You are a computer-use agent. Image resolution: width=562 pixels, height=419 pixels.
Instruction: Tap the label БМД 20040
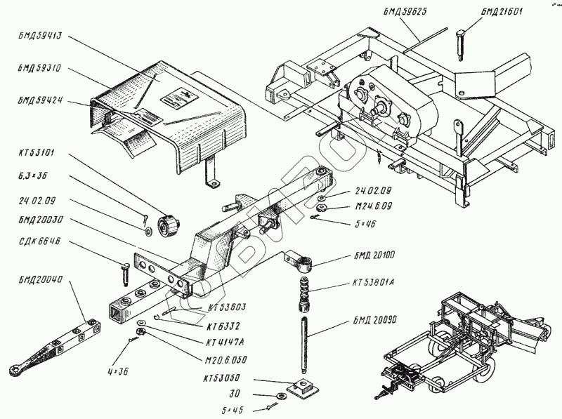pos(41,280)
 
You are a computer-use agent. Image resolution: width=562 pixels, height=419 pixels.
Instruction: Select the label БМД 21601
pos(502,12)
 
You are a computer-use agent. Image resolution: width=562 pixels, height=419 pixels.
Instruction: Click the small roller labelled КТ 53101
pos(169,225)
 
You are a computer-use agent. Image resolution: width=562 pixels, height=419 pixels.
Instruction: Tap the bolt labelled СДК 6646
pos(124,272)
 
